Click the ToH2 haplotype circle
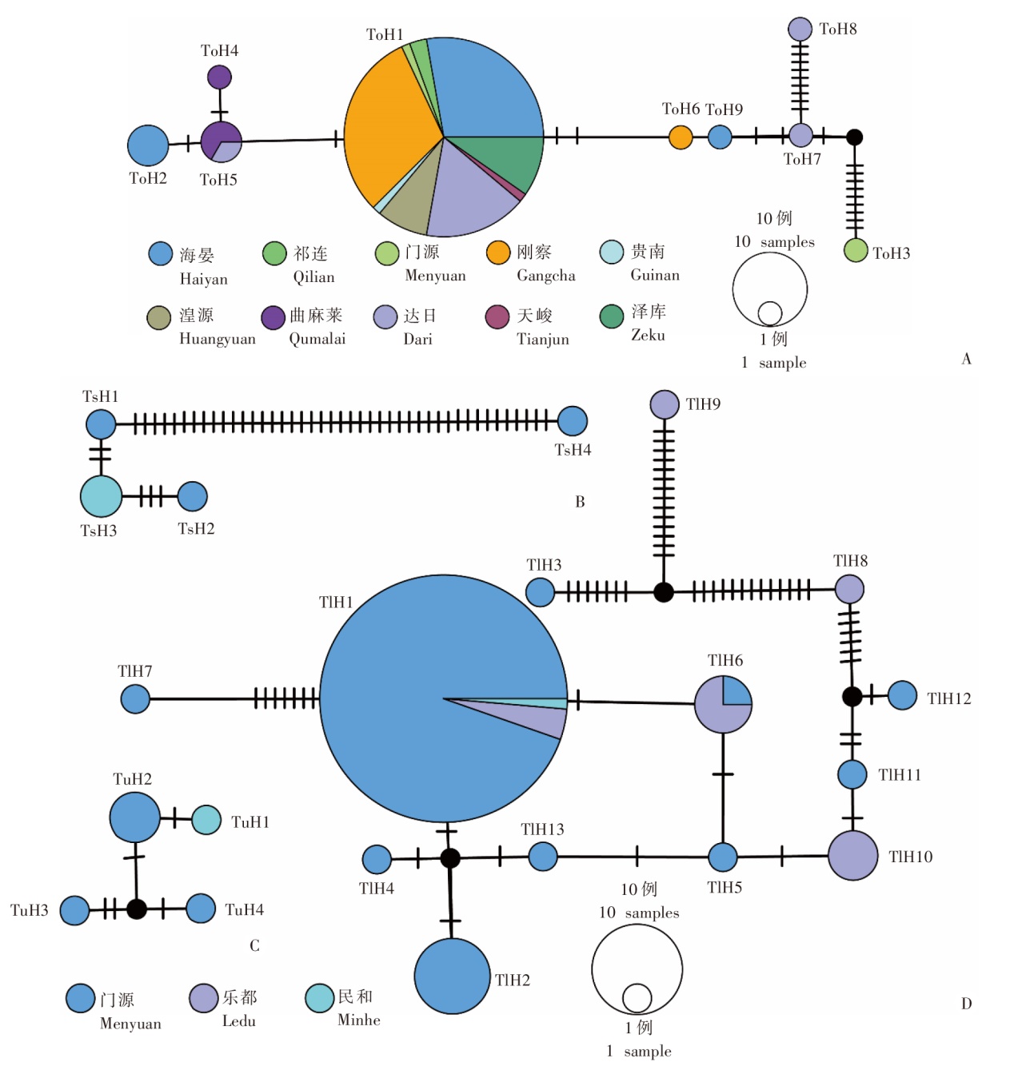point(148,145)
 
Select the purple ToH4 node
point(219,78)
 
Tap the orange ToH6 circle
point(681,137)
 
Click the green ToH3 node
point(856,250)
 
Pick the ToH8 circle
point(800,29)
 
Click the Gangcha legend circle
point(498,253)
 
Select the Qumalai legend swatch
point(273,317)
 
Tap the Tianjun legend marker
point(497,316)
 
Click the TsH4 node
point(572,421)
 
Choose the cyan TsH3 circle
point(101,495)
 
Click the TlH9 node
point(665,404)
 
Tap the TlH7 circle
point(135,699)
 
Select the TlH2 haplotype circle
point(452,976)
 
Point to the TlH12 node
point(902,695)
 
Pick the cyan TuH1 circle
point(206,820)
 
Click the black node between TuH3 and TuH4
point(137,909)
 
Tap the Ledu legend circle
point(203,997)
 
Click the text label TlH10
point(910,857)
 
